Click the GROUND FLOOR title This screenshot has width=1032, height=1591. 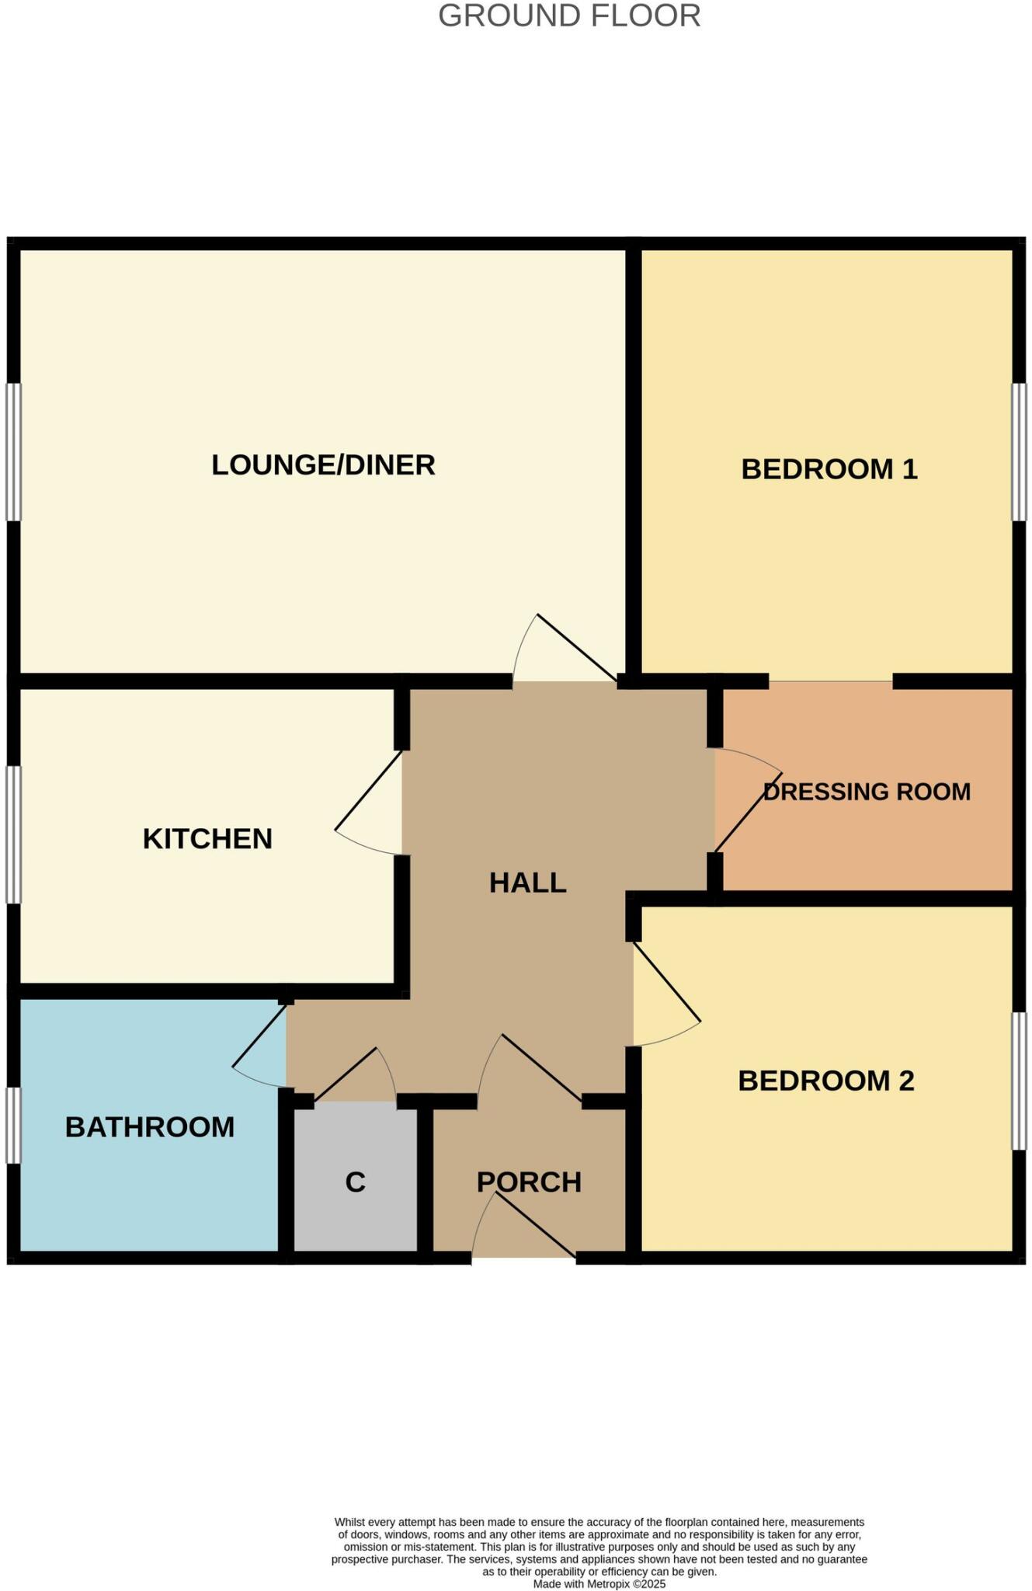click(569, 16)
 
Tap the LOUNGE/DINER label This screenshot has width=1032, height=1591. click(323, 465)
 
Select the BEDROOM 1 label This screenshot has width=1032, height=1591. click(829, 469)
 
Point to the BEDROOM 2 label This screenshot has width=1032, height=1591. click(825, 1081)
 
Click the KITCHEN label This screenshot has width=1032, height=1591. click(207, 839)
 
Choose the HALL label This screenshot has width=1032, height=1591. click(527, 883)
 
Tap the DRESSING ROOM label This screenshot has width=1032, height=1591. click(867, 792)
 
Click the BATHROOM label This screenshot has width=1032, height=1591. click(150, 1127)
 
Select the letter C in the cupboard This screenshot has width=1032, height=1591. click(355, 1182)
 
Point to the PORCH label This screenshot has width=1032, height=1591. click(529, 1182)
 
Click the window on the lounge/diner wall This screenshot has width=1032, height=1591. click(13, 451)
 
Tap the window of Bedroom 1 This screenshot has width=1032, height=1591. click(1018, 451)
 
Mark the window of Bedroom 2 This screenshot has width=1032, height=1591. click(1018, 1081)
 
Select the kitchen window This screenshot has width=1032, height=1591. click(13, 835)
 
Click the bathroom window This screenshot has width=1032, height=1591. click(13, 1125)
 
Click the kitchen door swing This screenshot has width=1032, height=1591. click(369, 800)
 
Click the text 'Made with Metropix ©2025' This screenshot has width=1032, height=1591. click(599, 1583)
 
